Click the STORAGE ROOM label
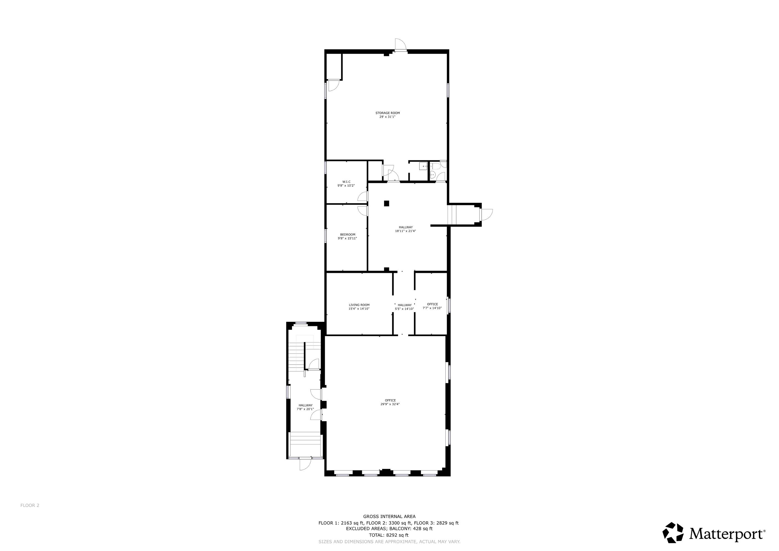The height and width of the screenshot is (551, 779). tap(388, 113)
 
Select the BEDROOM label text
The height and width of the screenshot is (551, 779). tap(348, 234)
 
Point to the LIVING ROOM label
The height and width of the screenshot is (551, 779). tap(359, 305)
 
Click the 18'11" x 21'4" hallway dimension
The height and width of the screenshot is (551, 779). tap(405, 231)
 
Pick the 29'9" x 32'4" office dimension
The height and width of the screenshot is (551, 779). tap(390, 404)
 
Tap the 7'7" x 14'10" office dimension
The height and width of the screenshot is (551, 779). tap(432, 308)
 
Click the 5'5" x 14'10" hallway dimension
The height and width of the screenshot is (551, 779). tap(404, 309)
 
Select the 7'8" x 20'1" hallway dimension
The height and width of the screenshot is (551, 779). tap(305, 409)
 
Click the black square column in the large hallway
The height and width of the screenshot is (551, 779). tap(386, 204)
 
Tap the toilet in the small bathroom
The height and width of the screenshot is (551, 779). tap(436, 166)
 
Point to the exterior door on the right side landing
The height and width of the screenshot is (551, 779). tap(486, 214)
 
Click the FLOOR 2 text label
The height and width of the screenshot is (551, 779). tap(30, 505)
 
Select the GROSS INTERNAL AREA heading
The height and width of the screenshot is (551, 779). tap(389, 516)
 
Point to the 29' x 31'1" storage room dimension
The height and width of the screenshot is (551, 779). tap(388, 117)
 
